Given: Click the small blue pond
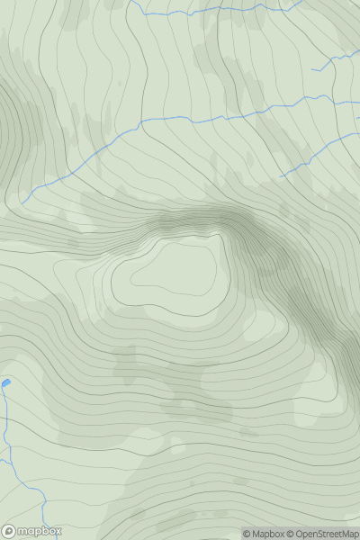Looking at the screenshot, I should [5, 383].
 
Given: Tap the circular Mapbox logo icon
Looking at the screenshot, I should [9, 531].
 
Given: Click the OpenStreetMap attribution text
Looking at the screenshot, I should [327, 534].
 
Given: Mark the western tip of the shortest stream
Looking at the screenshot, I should [312, 69].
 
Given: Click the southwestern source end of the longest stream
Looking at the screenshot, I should [22, 202].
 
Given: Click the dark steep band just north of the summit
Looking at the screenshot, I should [193, 219].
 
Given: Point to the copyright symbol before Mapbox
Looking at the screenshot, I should [246, 534].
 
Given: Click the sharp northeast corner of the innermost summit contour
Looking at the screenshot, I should [220, 236].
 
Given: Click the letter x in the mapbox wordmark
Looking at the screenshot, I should [57, 531].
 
